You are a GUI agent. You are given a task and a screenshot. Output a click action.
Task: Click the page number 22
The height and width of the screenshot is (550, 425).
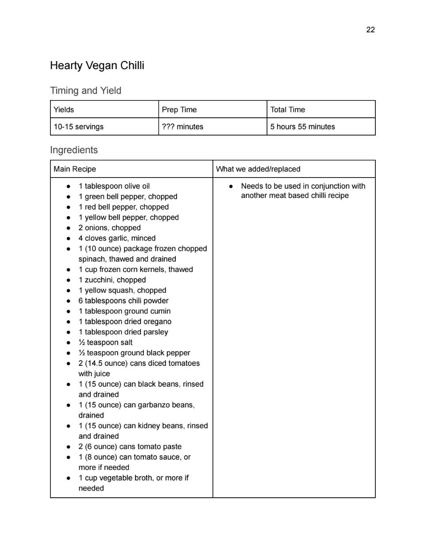pos(371,30)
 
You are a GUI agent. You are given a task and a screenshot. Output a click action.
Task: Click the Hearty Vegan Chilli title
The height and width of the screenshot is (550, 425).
pos(97,66)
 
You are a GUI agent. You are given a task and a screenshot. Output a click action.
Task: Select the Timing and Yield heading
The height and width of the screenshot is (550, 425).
pos(85,91)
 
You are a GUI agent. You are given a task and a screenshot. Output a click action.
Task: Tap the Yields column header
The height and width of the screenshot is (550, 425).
pos(64,109)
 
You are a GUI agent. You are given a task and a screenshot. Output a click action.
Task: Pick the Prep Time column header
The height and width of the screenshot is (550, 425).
pos(179,109)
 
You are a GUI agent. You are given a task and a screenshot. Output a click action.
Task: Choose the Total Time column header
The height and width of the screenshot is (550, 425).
pos(288,109)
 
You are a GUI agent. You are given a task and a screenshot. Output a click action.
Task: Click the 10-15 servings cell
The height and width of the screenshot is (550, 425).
pos(78,127)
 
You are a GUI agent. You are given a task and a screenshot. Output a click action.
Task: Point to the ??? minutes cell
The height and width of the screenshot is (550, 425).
pos(182,127)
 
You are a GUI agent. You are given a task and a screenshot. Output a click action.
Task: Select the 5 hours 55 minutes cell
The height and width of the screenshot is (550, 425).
pos(302,127)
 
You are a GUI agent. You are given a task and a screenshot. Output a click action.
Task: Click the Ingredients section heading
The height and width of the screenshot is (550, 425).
pos(74,150)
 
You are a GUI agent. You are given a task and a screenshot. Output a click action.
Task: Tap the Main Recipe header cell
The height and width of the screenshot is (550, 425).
pos(75,169)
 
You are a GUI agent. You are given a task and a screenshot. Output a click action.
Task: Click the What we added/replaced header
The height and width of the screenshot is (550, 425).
pos(258,169)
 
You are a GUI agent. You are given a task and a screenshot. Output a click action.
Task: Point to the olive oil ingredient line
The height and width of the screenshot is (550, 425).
pos(114,186)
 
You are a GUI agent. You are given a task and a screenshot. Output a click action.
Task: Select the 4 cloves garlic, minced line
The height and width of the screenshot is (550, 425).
pos(117,238)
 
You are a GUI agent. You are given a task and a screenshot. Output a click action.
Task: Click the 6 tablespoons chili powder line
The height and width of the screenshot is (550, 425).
pos(124,301)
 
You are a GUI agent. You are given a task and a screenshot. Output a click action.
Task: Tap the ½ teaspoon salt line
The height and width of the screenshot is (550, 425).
pos(105,342)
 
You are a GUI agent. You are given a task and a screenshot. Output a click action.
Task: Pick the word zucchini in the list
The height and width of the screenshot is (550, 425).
pos(99,280)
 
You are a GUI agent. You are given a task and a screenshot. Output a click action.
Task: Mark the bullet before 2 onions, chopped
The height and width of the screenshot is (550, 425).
pos(68,228)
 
